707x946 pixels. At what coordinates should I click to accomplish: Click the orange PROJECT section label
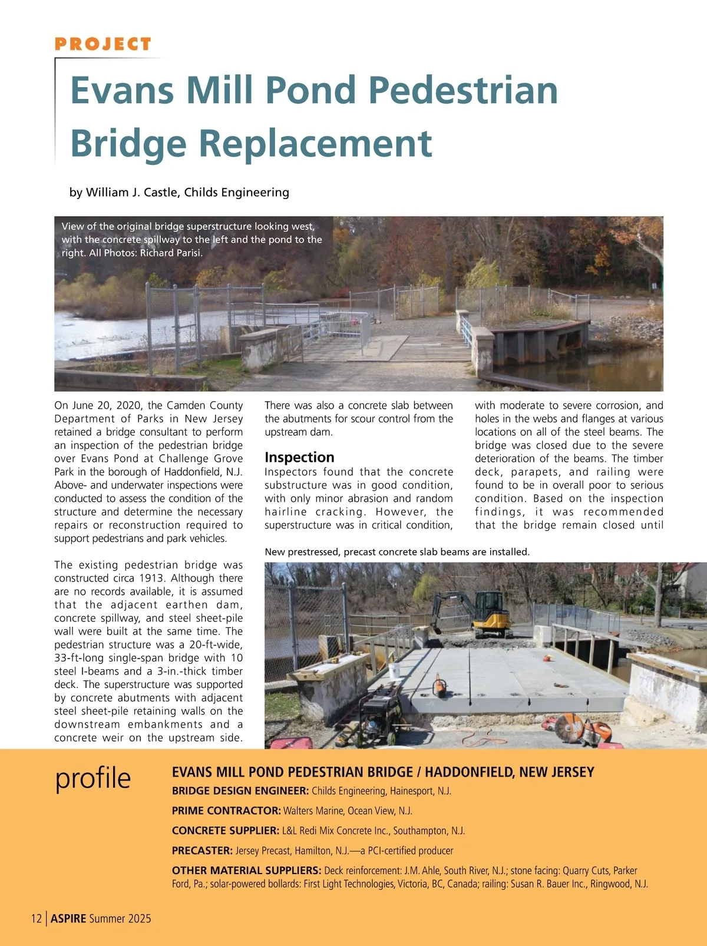tap(103, 44)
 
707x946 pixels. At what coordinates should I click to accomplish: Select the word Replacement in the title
tap(315, 143)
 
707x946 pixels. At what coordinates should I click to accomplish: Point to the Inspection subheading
tap(299, 457)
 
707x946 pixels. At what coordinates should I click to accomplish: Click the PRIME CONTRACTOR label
tap(226, 811)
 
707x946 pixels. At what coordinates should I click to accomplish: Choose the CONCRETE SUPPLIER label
tap(225, 831)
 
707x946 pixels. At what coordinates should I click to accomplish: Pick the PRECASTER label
tap(202, 851)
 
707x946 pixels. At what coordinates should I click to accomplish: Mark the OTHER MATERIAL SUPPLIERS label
tap(246, 871)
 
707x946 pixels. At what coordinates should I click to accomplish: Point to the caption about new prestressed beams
tap(397, 552)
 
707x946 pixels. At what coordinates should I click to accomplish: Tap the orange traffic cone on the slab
tap(439, 685)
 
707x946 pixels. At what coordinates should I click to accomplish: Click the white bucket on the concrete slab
tap(394, 670)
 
